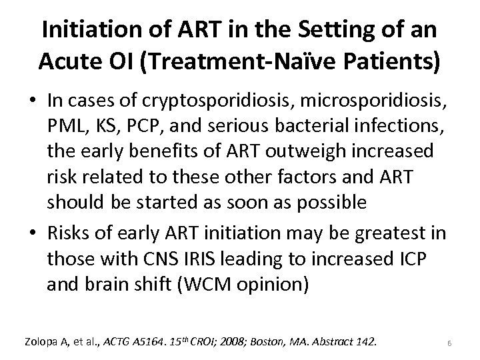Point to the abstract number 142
365,341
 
